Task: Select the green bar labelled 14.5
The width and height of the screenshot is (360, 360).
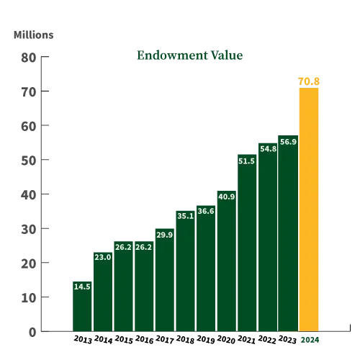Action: [x=81, y=310]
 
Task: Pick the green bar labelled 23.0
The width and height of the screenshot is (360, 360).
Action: [x=102, y=295]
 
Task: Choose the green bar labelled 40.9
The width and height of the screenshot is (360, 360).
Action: [x=225, y=266]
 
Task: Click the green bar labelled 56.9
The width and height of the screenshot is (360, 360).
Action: [x=288, y=238]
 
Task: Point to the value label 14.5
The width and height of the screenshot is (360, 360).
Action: [x=82, y=287]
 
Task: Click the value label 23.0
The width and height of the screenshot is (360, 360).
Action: [x=102, y=257]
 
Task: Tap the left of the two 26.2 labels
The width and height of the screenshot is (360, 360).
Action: [x=123, y=247]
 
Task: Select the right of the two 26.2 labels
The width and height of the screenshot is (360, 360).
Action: [x=143, y=247]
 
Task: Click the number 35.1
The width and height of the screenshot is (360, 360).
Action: [x=185, y=215]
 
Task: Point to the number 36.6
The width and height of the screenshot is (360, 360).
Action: [x=206, y=211]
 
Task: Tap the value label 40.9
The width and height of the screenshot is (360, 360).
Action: [x=226, y=197]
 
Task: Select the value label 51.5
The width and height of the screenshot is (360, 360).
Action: [x=246, y=161]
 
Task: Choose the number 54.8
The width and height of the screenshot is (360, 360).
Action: [x=268, y=149]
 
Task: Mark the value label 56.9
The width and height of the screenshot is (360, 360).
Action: [x=288, y=142]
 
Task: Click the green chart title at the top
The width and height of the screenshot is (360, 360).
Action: [x=191, y=56]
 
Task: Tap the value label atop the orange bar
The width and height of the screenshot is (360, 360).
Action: [x=310, y=81]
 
